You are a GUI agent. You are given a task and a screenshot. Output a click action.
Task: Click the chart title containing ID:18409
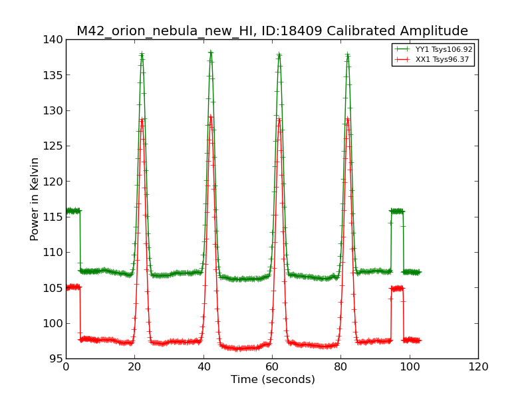pos(272,31)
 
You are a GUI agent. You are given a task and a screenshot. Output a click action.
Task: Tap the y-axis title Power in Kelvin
pos(35,199)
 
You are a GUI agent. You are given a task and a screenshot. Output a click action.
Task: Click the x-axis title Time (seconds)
pos(273,379)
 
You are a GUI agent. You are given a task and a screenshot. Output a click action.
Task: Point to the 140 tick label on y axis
pos(55,40)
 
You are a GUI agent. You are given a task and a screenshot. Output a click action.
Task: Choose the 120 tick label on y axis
pos(55,182)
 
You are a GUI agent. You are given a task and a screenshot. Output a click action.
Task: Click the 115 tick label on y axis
pos(55,217)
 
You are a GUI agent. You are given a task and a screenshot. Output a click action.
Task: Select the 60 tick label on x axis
pos(272,366)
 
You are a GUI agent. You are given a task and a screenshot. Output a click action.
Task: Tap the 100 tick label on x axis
pos(409,366)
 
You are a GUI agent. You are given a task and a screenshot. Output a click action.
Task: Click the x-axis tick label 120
pos(478,366)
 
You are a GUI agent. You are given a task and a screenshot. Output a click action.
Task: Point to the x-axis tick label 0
pos(66,366)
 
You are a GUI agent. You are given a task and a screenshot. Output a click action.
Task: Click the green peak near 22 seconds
pos(142,55)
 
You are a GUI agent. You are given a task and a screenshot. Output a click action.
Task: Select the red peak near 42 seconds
pos(211,118)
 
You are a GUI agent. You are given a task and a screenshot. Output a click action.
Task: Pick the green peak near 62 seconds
pos(279,55)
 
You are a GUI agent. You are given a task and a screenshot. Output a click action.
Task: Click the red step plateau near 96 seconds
pos(397,288)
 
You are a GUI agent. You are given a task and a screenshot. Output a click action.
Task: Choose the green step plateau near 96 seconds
pos(397,211)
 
